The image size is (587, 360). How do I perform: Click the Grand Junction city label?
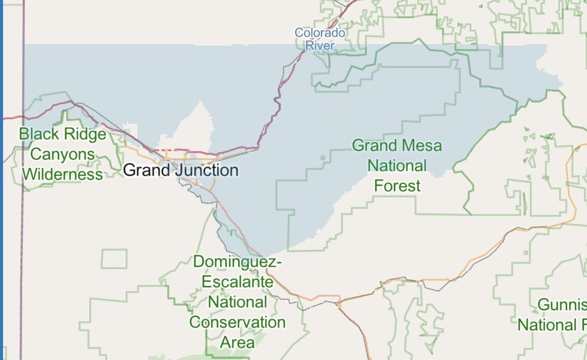[180, 170]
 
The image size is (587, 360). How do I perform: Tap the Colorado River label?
[320, 39]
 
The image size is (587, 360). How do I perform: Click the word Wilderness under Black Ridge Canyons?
[62, 174]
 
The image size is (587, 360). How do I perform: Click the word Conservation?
[237, 322]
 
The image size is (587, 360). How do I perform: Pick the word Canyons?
[62, 154]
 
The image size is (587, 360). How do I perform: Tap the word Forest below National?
[397, 186]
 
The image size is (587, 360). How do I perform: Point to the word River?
[320, 46]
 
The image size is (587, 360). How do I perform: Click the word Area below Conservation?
[237, 342]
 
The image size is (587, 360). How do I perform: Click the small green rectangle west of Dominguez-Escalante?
[114, 259]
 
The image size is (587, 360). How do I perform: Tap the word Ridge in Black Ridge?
[84, 134]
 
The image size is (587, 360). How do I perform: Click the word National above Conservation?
[237, 302]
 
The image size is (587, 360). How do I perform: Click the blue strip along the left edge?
[2, 180]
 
